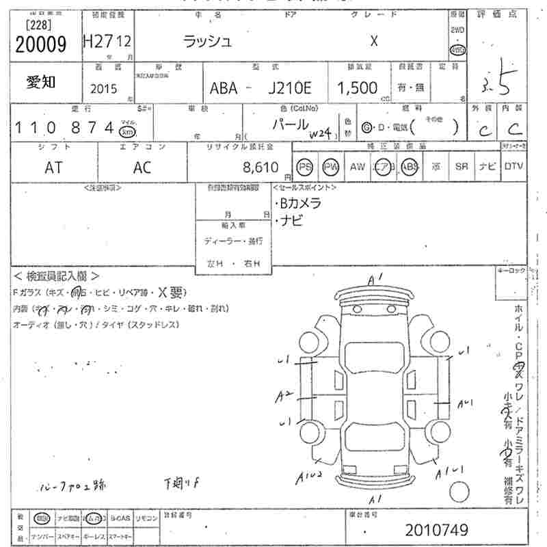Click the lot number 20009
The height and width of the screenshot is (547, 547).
coord(40,44)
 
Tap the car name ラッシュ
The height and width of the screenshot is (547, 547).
coord(208,41)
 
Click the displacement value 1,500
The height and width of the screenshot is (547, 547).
coord(357,88)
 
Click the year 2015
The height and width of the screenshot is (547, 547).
coord(103,89)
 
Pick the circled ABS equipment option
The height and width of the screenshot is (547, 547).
coord(409,167)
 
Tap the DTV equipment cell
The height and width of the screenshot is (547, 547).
coord(513,166)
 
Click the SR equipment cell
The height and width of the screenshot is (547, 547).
coord(461,166)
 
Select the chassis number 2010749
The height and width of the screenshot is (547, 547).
coord(437,531)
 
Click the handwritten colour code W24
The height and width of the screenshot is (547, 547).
coord(319,133)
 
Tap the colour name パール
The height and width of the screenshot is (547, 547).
coord(291,124)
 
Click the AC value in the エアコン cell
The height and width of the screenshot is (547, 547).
coord(142,168)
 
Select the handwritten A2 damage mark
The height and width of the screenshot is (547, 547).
coord(284,396)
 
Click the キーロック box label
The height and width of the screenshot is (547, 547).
coord(511,271)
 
